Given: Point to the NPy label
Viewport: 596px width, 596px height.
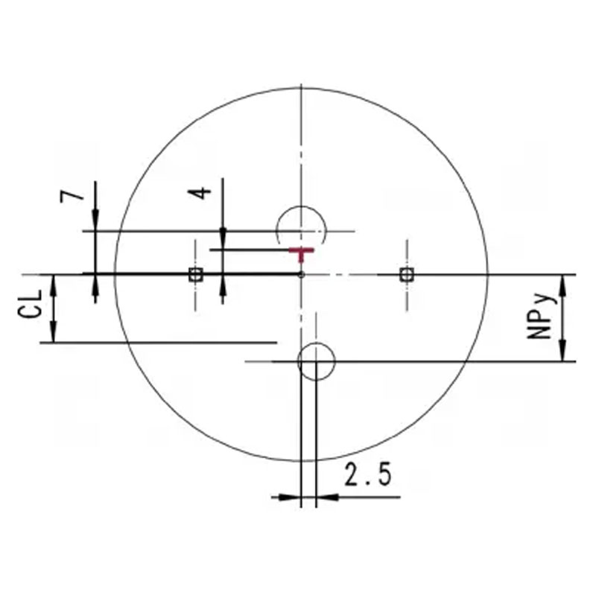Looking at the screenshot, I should tap(540, 317).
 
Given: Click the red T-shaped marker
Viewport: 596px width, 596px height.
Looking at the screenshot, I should tap(301, 254).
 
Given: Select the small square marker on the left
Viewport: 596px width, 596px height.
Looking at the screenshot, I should tap(195, 274).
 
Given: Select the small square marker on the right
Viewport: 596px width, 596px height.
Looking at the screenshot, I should tap(406, 274).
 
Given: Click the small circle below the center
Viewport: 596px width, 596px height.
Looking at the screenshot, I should tap(316, 361).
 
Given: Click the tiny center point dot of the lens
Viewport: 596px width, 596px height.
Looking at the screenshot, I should tap(301, 274).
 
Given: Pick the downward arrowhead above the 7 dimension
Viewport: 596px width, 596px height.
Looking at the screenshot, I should tap(95, 221).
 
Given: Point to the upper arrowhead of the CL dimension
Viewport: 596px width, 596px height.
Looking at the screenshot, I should tap(54, 284).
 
